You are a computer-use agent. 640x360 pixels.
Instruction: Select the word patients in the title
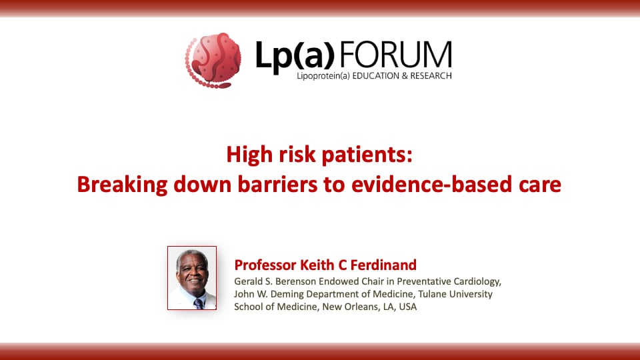click(370, 155)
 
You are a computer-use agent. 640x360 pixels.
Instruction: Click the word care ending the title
click(540, 185)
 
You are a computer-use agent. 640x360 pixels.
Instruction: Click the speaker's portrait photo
click(192, 278)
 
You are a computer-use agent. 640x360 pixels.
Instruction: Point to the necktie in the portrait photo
click(198, 303)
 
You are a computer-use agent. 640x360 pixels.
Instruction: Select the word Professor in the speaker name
click(267, 264)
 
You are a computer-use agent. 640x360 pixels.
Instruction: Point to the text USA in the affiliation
click(407, 307)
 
